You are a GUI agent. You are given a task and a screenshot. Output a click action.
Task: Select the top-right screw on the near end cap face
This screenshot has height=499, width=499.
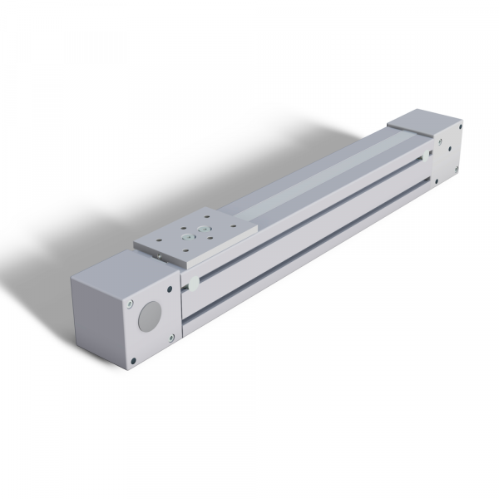172,286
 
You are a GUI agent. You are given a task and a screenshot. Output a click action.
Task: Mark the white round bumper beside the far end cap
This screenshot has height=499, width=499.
427,154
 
